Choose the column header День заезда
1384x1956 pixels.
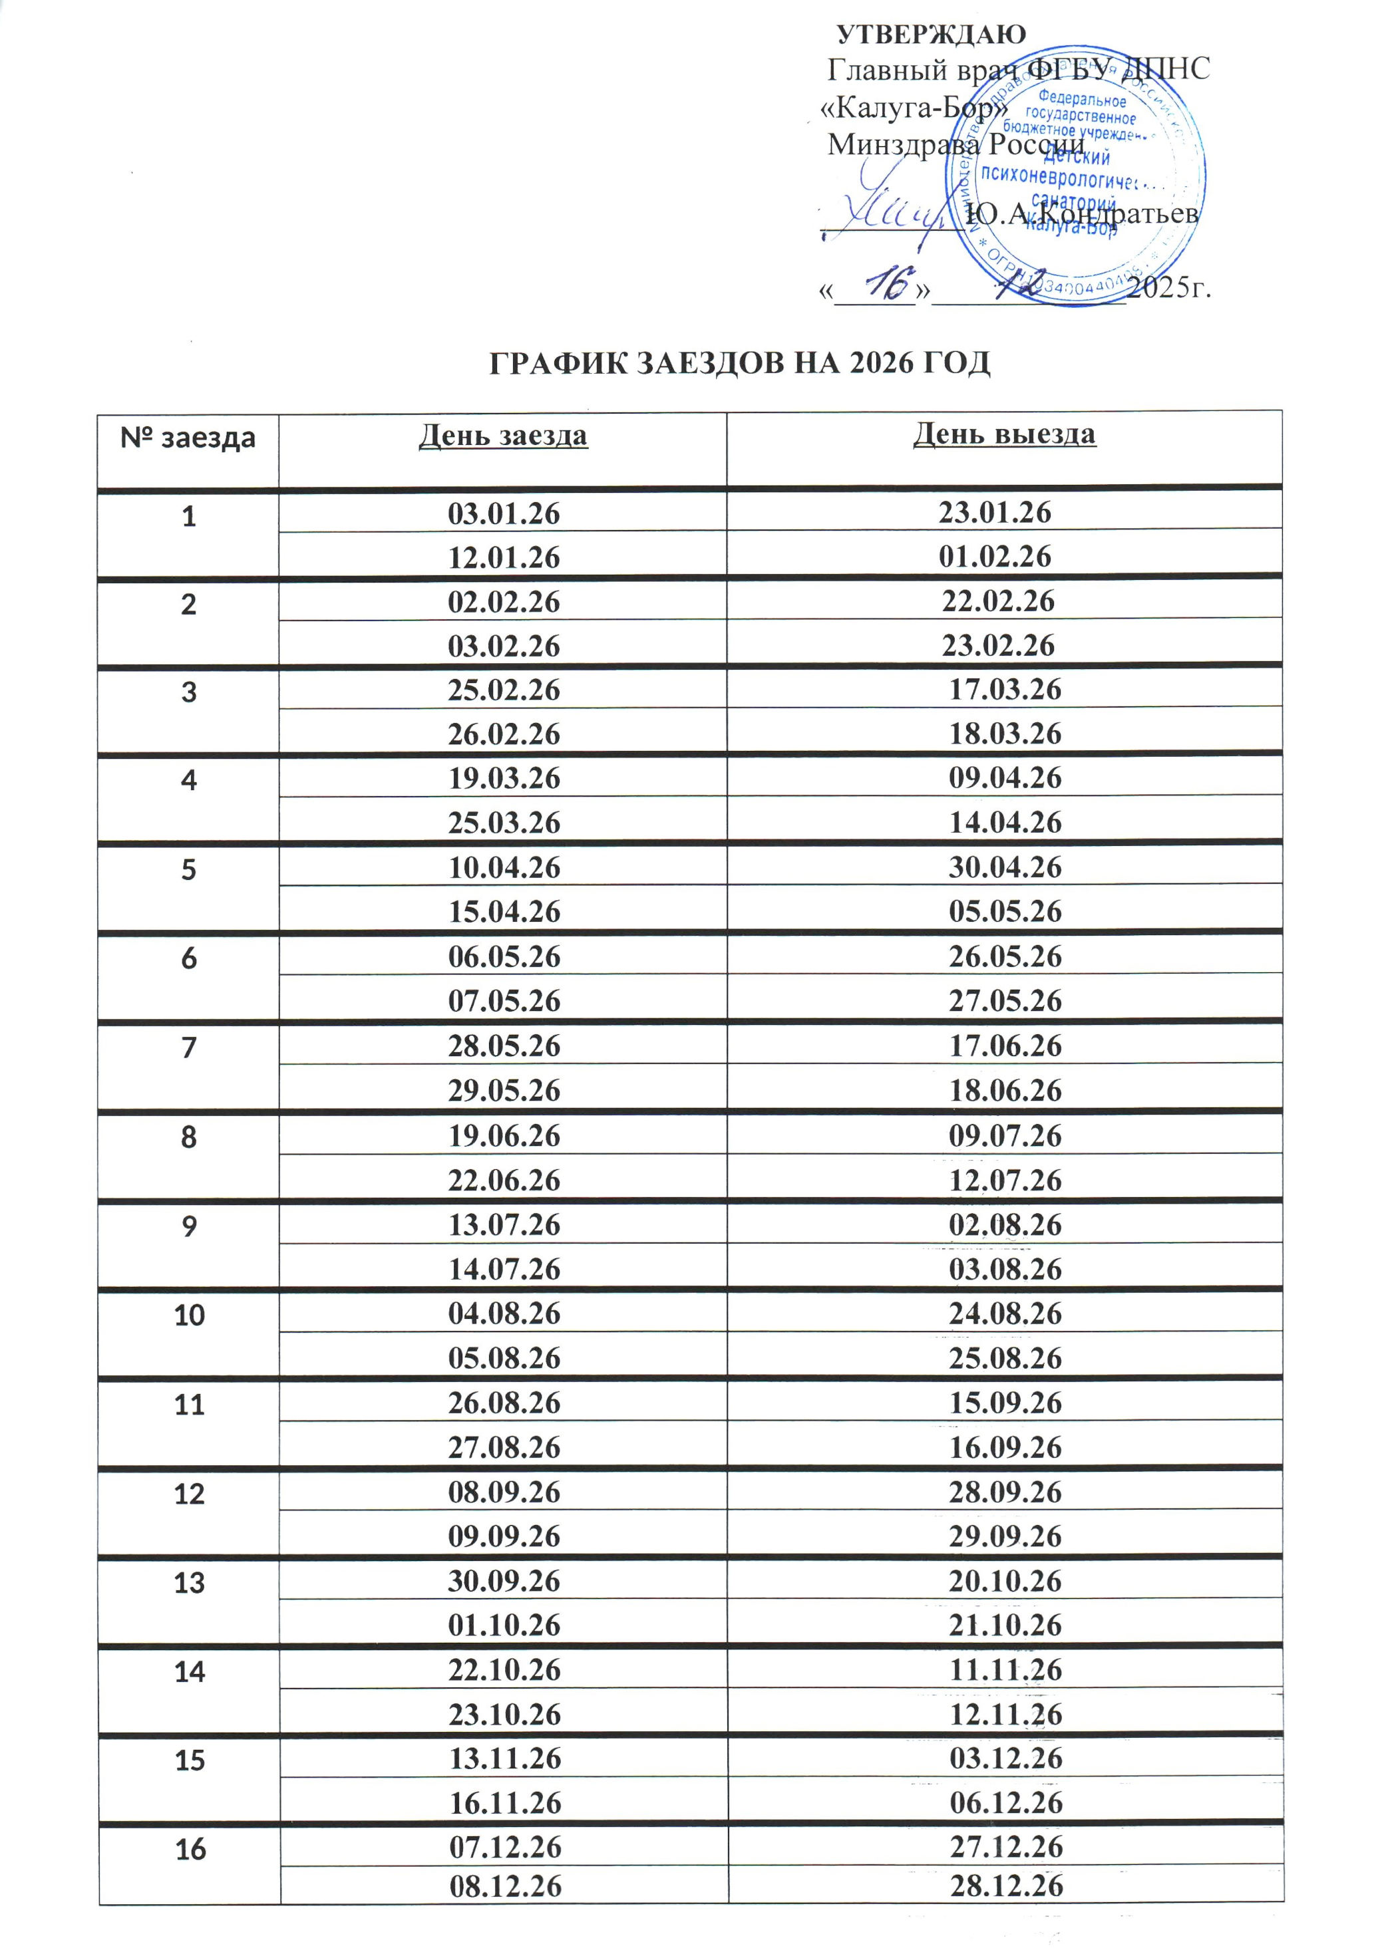coord(503,436)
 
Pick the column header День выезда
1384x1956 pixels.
coord(1004,434)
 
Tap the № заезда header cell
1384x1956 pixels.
coord(188,438)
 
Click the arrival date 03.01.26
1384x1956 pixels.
coord(504,513)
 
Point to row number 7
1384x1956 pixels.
coord(188,1047)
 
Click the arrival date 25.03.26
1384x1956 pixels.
coord(504,823)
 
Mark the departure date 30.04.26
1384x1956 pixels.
coord(1005,867)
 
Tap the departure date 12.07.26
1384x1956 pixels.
coord(1005,1181)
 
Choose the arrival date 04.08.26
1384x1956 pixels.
coord(504,1314)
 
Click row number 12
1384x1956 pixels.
coord(189,1493)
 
